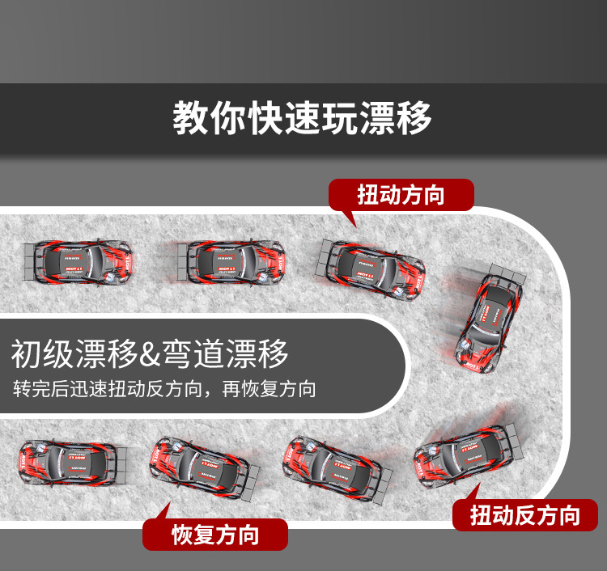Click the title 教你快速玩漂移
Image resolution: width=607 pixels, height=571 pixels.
coord(302,119)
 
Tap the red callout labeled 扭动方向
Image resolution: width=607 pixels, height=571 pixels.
coord(401,195)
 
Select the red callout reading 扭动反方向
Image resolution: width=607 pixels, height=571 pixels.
coord(525,514)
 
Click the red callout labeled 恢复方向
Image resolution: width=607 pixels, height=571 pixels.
coord(215,535)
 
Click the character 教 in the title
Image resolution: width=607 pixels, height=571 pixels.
coord(189,119)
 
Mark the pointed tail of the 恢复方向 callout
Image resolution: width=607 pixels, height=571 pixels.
coord(165,509)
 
